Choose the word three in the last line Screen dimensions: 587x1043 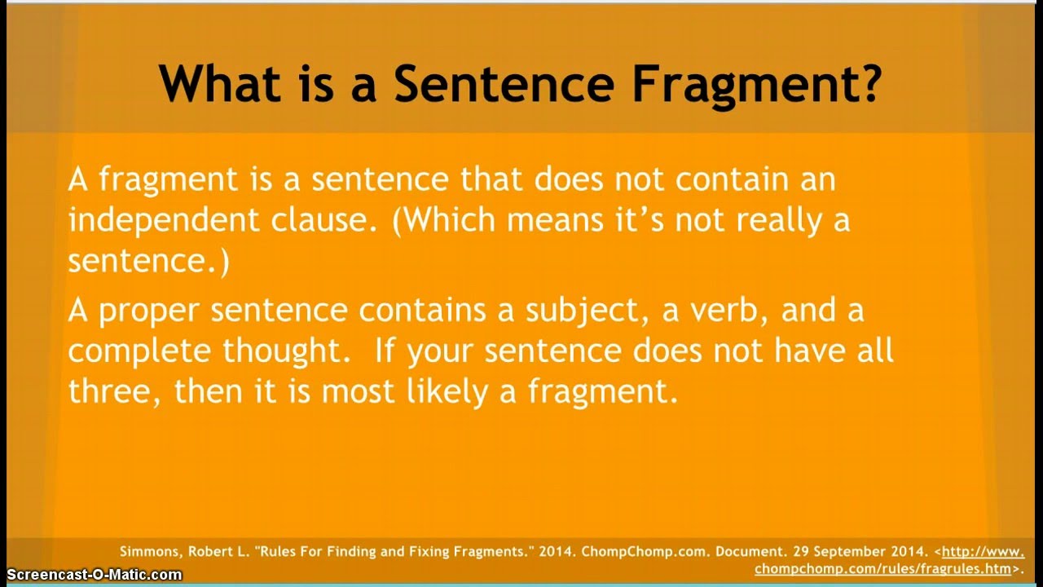click(112, 392)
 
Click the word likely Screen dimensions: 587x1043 click(453, 392)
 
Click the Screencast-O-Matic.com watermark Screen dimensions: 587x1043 click(91, 576)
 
